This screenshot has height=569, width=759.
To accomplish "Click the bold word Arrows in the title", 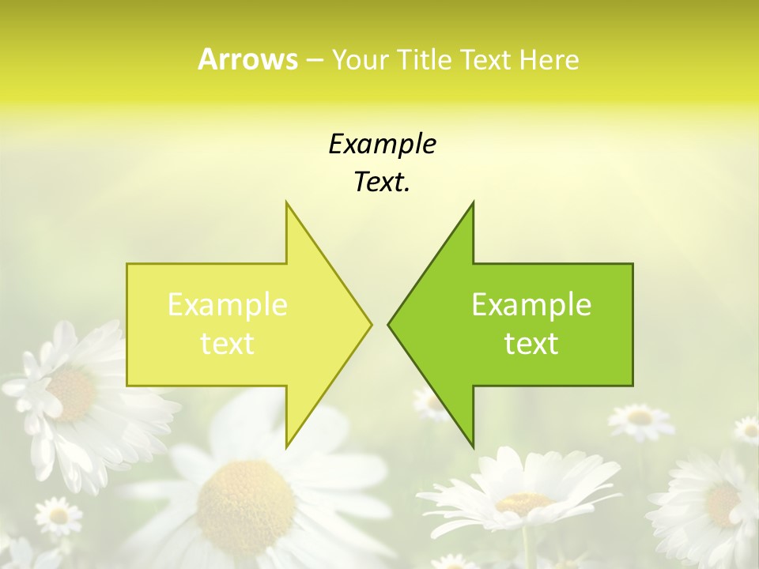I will coord(247,59).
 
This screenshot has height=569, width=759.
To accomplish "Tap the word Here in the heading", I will coord(549,59).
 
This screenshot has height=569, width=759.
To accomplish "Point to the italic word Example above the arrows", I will coord(382,144).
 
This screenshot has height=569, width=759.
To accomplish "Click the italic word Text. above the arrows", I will coord(382,182).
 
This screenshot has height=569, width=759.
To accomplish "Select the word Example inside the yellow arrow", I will coord(228,305).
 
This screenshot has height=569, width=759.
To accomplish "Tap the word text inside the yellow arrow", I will coord(228,343).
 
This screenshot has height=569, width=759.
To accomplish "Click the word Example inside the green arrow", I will coord(531,305).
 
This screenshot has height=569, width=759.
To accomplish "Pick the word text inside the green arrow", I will coord(531,343).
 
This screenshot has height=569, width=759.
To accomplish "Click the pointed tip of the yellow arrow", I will coord(370,324).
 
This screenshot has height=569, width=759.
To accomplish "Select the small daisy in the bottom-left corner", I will coord(59,516).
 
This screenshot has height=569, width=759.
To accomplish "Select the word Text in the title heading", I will coord(485,59).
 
